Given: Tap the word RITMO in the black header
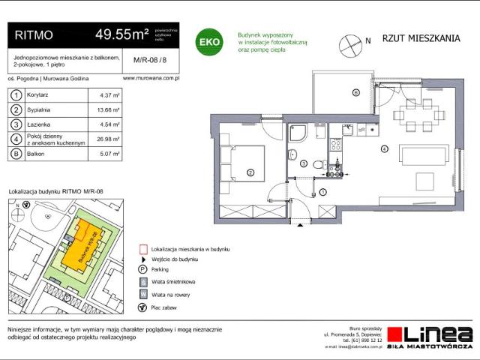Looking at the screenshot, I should [34, 34].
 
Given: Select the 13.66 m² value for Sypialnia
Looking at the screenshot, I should [109, 109].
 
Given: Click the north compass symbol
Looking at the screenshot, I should [349, 43].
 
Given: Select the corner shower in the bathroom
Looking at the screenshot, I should [298, 133].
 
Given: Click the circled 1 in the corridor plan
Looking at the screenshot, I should [322, 193].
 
